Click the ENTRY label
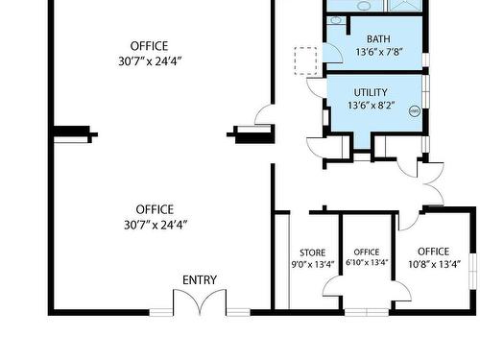point(200,280)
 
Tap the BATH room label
point(378,39)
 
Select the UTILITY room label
point(371,92)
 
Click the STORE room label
point(312,252)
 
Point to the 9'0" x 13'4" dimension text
point(312,265)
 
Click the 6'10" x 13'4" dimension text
point(367,262)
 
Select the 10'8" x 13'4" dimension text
point(434,264)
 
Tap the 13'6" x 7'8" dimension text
point(379,52)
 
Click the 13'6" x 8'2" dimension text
point(372,105)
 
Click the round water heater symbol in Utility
point(414,111)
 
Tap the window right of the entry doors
point(238,312)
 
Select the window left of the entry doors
point(161,312)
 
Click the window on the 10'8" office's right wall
point(472,272)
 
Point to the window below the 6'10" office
point(367,312)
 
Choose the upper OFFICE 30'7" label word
point(149,46)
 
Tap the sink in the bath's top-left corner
point(335,20)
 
